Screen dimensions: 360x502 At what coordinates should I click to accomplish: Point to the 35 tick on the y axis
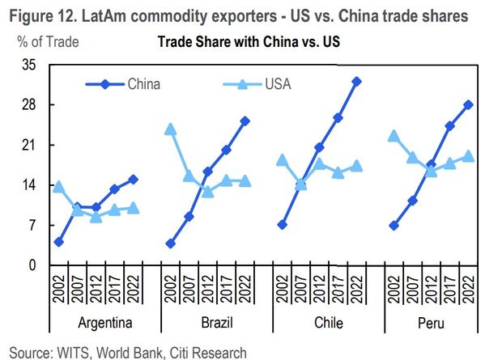click(28, 66)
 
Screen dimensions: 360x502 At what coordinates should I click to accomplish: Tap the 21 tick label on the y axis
click(28, 146)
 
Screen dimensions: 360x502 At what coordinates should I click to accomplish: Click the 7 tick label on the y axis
click(31, 226)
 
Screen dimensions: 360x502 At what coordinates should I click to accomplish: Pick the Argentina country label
click(105, 324)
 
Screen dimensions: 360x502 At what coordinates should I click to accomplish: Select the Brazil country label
click(217, 324)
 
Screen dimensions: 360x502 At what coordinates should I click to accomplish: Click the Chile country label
click(329, 324)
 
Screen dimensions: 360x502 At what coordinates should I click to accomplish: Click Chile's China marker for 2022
click(356, 82)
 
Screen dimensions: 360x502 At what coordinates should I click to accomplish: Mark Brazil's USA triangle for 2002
click(170, 129)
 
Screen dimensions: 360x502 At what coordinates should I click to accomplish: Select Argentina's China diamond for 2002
click(59, 242)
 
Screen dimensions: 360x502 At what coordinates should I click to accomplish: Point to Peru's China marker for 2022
click(468, 104)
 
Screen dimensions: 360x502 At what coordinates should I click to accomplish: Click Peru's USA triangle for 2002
click(394, 136)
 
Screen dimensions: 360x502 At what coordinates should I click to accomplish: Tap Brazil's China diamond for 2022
click(245, 121)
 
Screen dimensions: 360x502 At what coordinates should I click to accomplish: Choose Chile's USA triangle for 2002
click(282, 160)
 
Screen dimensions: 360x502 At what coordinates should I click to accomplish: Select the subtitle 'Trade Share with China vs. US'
click(248, 43)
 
